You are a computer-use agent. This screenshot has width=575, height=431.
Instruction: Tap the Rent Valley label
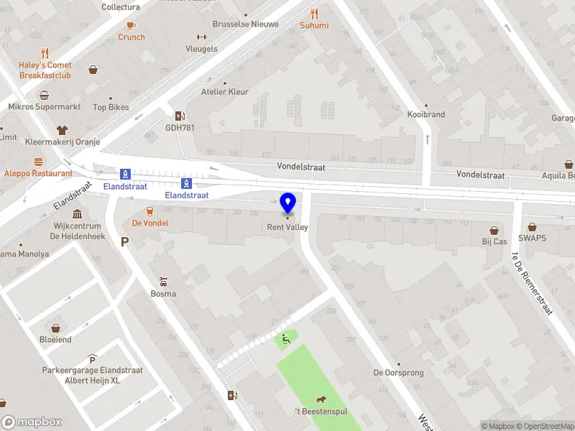click(287, 228)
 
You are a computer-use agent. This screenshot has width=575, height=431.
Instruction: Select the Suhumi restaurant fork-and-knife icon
click(314, 13)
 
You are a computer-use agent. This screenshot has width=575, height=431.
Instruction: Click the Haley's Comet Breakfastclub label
click(45, 70)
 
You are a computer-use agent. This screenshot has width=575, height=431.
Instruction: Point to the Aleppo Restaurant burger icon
click(38, 161)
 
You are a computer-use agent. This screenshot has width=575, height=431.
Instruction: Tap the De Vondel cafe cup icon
click(150, 210)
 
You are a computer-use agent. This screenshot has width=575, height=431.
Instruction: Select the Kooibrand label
click(426, 114)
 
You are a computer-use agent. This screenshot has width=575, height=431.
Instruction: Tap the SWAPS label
click(532, 238)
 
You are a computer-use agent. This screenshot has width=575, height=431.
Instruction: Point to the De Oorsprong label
click(398, 373)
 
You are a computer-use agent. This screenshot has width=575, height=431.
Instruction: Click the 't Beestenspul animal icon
click(320, 399)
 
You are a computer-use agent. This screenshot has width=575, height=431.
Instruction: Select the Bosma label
click(163, 294)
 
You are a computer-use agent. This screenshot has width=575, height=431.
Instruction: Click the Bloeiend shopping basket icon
click(55, 328)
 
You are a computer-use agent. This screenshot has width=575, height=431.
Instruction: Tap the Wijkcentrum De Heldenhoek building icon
click(77, 213)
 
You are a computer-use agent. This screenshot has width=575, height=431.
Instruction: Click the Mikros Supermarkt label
click(44, 107)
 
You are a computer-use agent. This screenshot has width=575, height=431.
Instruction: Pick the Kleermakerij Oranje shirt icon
click(62, 130)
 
